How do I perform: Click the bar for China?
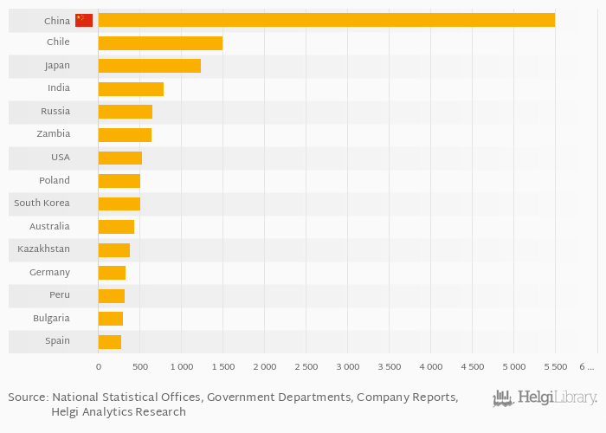coord(326,20)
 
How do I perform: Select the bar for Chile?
coord(160,42)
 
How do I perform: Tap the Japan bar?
coord(149,66)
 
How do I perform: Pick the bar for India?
coord(131,88)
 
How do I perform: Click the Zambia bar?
coord(125,134)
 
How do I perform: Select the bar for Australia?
coord(116,226)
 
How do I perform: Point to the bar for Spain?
coord(110,341)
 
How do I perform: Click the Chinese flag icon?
coord(84,20)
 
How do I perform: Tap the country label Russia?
coord(55,112)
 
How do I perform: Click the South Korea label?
coord(42,204)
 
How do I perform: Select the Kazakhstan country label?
coord(43,249)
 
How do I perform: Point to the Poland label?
coord(55,180)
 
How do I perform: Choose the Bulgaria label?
coord(51,318)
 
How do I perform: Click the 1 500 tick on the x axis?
coord(222,367)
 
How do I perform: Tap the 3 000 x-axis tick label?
coord(347,367)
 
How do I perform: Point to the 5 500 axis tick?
coord(555,367)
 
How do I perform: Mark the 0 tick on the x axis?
coord(99,367)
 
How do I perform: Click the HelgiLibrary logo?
coord(545,398)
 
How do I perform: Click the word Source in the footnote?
coord(27,397)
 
